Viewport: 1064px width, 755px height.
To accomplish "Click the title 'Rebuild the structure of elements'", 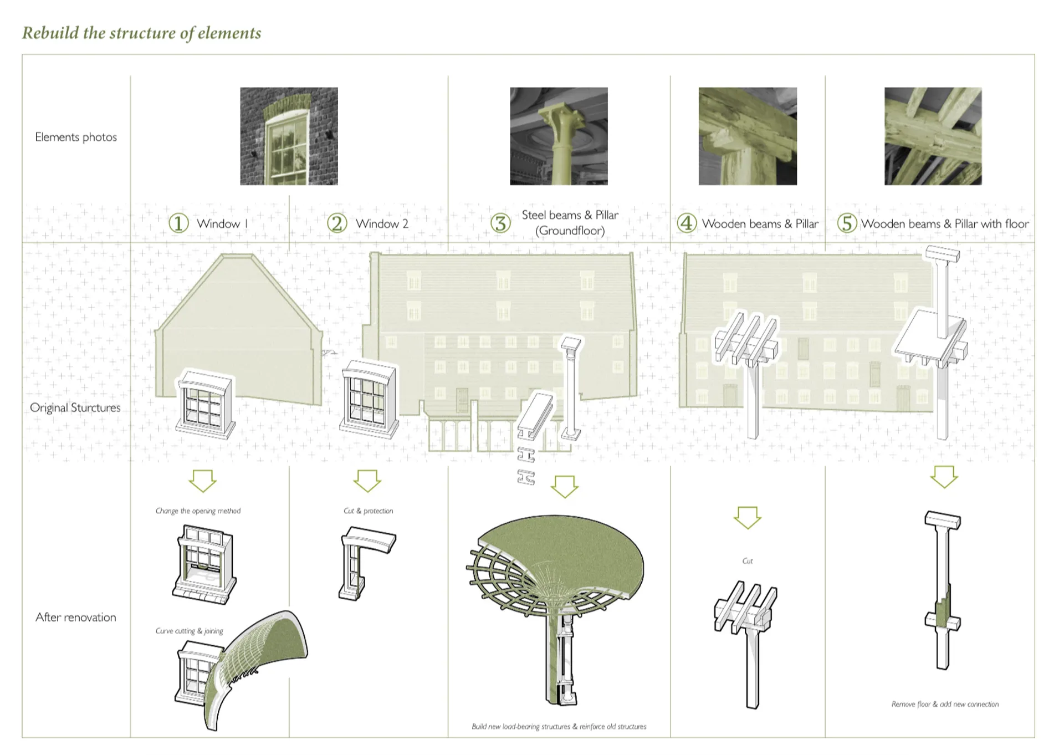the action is tap(141, 33).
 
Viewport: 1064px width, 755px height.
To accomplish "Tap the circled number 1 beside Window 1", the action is tap(178, 223).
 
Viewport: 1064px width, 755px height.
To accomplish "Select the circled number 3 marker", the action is tap(500, 223).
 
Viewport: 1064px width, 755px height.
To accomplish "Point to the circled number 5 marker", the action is tap(847, 223).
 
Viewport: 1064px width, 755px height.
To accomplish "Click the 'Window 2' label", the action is tap(382, 224).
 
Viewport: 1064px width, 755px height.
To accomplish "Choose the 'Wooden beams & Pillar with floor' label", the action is tap(945, 224).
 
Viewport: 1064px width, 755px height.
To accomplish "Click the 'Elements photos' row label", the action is tap(76, 137).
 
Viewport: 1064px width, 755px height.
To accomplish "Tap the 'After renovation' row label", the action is tap(76, 617).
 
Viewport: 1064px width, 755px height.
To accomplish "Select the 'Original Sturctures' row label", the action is tap(75, 407).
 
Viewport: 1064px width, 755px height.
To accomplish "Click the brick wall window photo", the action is tap(289, 136).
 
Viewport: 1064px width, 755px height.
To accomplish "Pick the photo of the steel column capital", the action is tap(559, 136).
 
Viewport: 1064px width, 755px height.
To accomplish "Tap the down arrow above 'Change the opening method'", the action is tap(202, 481).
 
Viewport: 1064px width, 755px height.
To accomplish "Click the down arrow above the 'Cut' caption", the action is tap(748, 518).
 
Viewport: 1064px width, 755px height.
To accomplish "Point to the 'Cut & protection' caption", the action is tap(368, 511).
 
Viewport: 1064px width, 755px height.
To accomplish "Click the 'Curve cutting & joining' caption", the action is tap(189, 631).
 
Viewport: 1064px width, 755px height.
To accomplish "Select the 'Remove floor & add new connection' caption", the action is tap(945, 704).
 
